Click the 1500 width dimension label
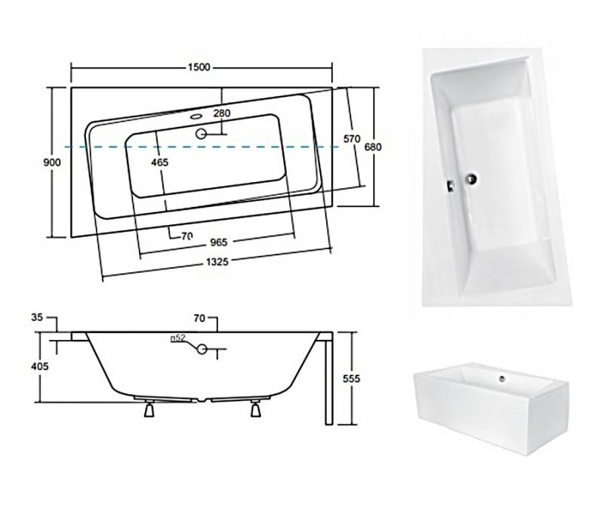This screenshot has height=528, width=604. tap(199, 67)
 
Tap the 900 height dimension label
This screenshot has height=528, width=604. tap(51, 162)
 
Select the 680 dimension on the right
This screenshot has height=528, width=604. tap(373, 147)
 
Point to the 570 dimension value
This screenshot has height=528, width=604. tap(352, 138)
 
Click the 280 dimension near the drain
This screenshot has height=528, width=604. tap(222, 113)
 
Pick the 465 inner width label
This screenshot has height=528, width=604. tap(159, 162)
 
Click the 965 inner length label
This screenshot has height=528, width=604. tap(219, 242)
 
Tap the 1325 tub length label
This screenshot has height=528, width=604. tap(217, 262)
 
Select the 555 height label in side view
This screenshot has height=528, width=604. tap(351, 378)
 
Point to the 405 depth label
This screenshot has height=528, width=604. tap(40, 366)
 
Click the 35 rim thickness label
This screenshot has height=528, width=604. tap(37, 317)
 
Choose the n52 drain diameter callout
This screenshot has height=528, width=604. tap(178, 338)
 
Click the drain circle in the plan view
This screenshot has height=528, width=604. tap(201, 134)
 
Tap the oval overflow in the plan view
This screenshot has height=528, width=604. tap(196, 116)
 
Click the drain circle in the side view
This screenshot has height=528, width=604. tap(202, 349)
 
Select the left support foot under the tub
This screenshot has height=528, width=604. tap(149, 408)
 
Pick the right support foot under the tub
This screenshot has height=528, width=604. tap(255, 408)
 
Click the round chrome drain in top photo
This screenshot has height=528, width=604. tap(471, 178)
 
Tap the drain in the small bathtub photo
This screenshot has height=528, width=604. tap(502, 378)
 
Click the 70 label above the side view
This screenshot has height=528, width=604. tap(199, 318)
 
